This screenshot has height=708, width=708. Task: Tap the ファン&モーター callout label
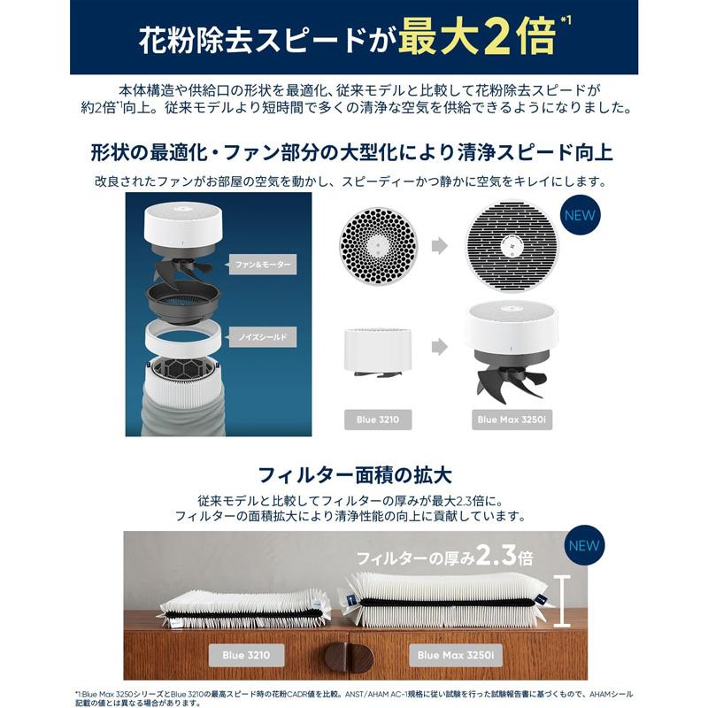[x=261, y=264]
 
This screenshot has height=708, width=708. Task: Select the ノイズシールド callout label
[x=259, y=337]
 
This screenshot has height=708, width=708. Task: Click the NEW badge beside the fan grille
[x=580, y=214]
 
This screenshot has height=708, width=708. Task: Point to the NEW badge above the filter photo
[x=585, y=545]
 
